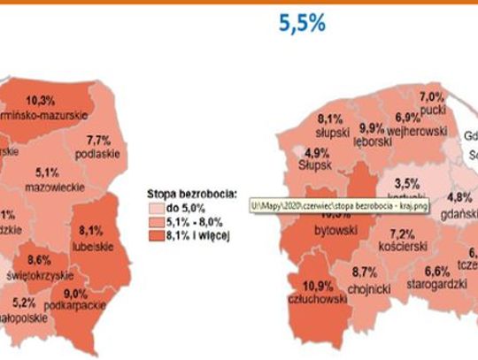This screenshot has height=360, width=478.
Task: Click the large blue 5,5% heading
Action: pyautogui.click(x=302, y=24)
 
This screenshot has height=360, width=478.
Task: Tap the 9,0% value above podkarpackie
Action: pyautogui.click(x=76, y=294)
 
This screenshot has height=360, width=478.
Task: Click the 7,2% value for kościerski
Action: pyautogui.click(x=402, y=234)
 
